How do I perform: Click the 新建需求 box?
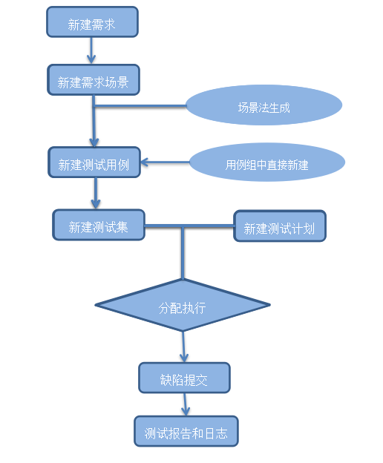(92, 22)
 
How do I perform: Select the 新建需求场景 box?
(94, 79)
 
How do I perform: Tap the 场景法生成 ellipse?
(263, 105)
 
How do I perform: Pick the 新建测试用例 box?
(94, 162)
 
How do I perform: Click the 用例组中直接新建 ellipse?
(267, 162)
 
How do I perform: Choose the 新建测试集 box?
(99, 225)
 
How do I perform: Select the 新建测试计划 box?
(280, 226)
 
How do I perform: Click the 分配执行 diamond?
(183, 305)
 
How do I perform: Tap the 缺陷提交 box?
(184, 378)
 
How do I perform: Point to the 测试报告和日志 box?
(186, 431)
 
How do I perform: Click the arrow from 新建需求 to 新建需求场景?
(91, 50)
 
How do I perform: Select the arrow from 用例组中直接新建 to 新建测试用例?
(165, 162)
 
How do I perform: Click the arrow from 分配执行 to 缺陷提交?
(183, 347)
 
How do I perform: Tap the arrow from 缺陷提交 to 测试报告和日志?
(185, 404)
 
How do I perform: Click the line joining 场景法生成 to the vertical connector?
(140, 105)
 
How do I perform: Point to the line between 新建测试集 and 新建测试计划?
(189, 226)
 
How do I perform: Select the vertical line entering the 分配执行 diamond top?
(183, 253)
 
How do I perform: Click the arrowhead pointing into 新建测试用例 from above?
(94, 142)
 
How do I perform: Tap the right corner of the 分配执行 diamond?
(270, 305)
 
